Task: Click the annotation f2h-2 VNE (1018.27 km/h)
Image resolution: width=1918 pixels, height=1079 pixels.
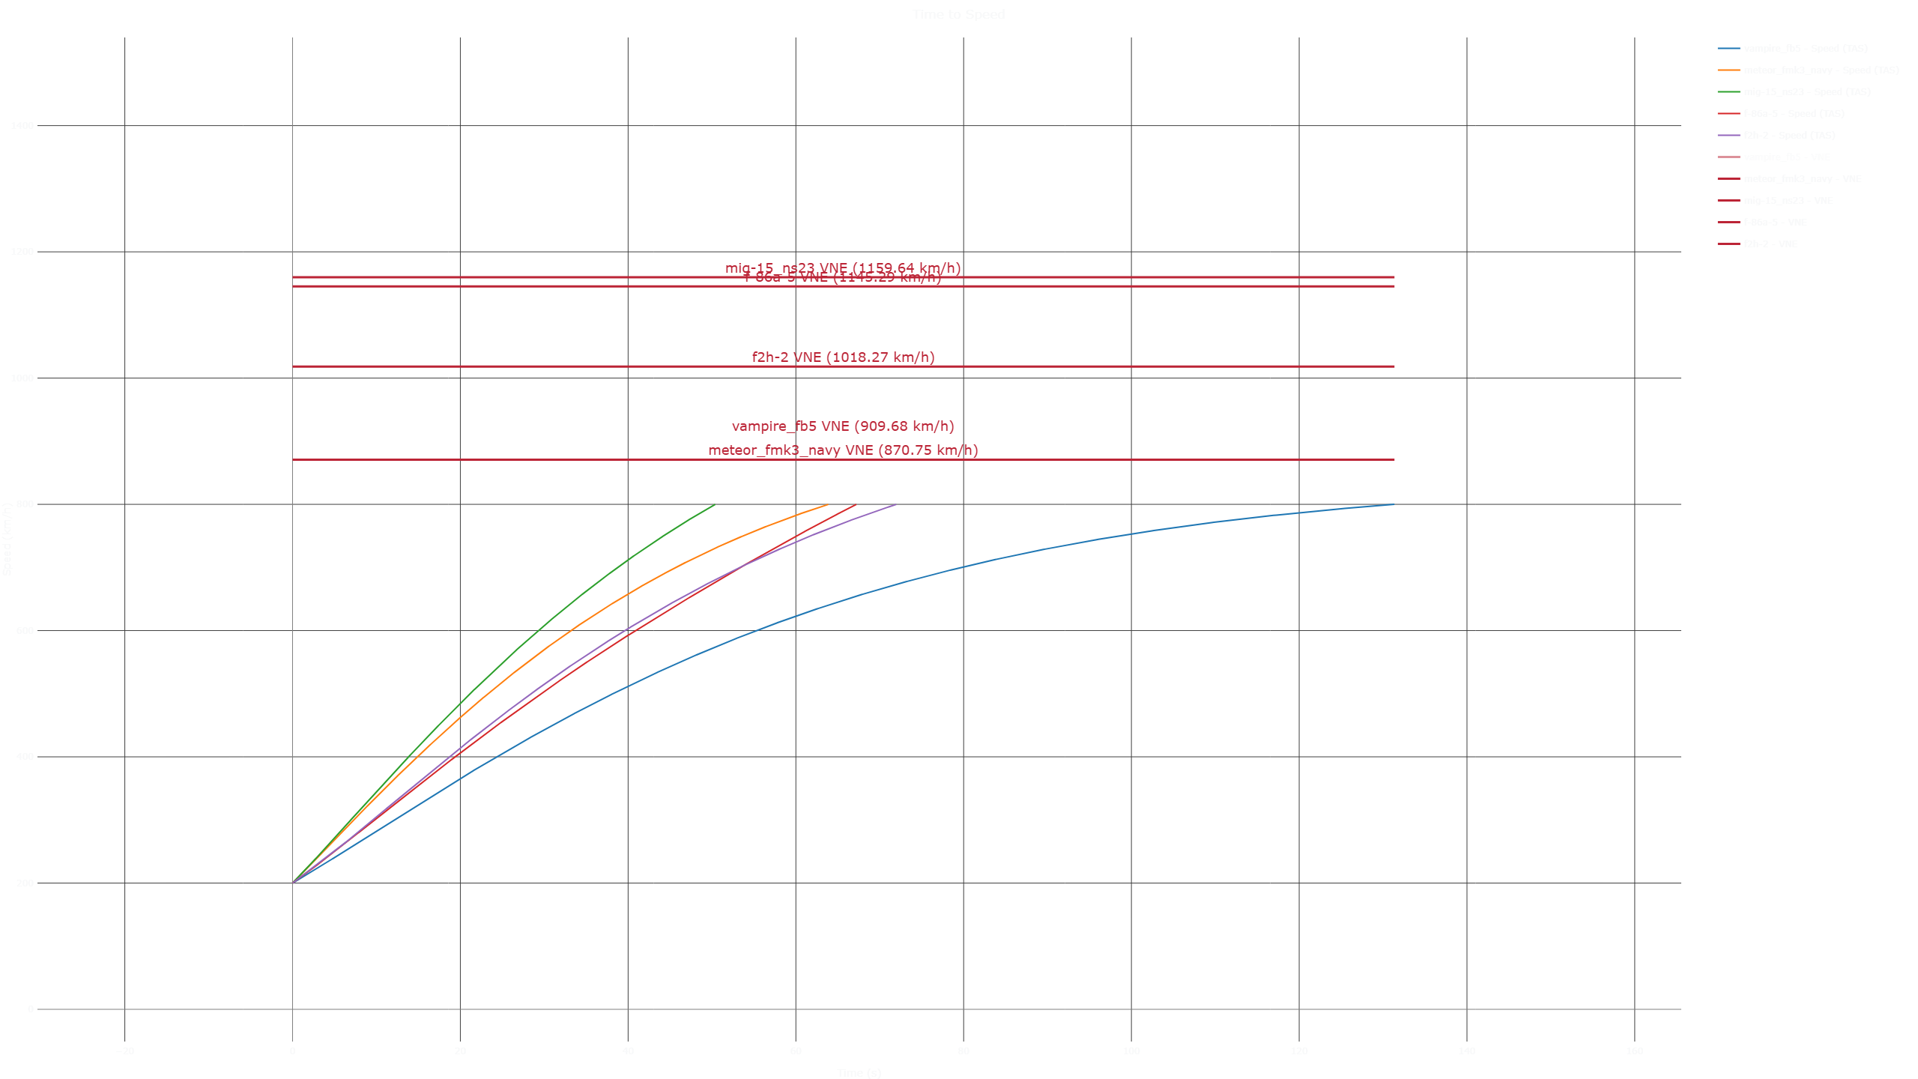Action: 843,357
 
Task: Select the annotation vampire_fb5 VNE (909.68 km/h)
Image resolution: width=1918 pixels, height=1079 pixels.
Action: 843,426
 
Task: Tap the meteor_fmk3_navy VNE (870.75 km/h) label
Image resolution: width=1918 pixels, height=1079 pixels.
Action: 843,450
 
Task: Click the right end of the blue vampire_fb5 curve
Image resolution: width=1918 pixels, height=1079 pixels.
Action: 1394,504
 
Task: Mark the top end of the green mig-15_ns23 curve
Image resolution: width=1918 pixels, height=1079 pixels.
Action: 716,505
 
